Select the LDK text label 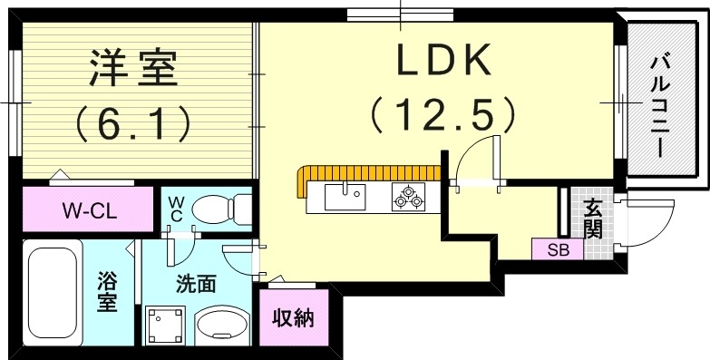443,61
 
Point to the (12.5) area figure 443,115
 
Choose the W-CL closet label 87,211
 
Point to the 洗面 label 195,283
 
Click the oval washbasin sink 223,324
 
